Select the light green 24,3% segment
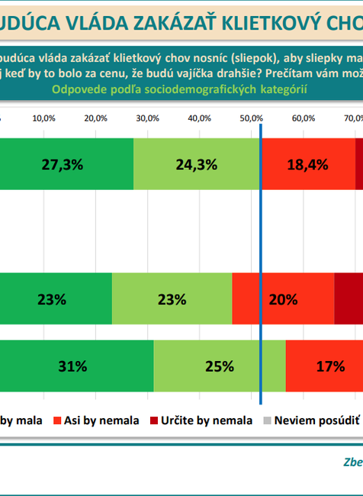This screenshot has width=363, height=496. [197, 164]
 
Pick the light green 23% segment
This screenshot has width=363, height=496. [172, 299]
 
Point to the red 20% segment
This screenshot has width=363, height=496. [283, 299]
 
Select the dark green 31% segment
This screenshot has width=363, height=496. [73, 366]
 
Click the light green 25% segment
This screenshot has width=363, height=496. [220, 366]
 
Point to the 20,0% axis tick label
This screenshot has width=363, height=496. [95, 118]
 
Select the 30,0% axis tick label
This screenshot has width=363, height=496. [147, 118]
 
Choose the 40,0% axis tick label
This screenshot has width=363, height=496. [199, 118]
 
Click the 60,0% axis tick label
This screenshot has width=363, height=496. [303, 118]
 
